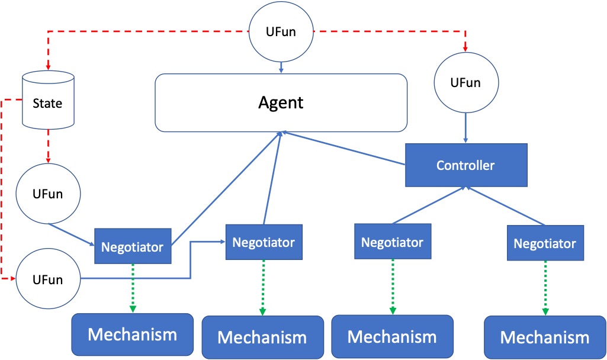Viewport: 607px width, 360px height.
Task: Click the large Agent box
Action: point(281,102)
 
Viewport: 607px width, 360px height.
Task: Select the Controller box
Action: point(466,165)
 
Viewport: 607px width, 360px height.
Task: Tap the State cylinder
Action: point(48,100)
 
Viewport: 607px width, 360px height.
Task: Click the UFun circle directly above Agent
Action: point(281,32)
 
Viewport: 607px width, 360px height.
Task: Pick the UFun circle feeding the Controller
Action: point(466,82)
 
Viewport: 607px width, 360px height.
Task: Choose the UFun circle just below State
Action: point(48,194)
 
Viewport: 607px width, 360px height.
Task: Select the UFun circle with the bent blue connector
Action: point(48,279)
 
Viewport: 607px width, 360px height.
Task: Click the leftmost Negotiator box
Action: point(133,246)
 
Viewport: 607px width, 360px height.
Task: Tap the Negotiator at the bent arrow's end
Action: point(264,242)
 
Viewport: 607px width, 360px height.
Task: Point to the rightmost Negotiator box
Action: point(545,243)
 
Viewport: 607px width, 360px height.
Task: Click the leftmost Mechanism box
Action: point(133,335)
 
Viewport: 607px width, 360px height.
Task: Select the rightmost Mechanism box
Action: point(545,337)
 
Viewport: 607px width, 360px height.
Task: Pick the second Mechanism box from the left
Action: point(263,337)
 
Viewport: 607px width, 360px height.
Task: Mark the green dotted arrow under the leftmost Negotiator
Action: point(133,288)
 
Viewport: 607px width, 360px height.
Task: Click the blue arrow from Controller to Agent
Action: point(343,149)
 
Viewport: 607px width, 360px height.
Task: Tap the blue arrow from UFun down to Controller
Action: point(465,128)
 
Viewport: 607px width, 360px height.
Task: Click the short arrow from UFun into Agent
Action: point(281,67)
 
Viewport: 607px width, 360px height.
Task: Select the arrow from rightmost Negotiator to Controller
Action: point(505,205)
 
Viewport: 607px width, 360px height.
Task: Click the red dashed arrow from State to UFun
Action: point(48,146)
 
